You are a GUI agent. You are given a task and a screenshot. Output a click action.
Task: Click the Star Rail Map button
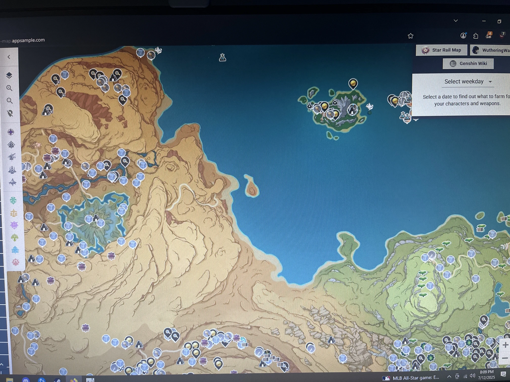(x=441, y=50)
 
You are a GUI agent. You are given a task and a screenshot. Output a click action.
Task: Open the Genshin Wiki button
(x=468, y=63)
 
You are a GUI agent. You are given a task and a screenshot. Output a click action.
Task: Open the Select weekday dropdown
(x=468, y=82)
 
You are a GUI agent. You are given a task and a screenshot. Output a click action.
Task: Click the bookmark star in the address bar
(x=411, y=36)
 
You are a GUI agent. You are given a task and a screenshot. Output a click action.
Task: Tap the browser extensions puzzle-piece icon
(x=476, y=36)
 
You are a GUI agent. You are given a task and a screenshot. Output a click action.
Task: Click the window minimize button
(x=484, y=21)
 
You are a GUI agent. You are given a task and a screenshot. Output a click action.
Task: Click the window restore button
(x=499, y=21)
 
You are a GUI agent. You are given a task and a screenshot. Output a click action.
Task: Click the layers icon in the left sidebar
(x=9, y=75)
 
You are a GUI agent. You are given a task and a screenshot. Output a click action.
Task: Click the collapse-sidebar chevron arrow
(x=9, y=57)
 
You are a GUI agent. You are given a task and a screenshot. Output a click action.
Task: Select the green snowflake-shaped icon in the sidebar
(x=13, y=200)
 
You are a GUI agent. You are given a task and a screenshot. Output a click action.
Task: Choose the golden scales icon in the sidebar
(x=14, y=213)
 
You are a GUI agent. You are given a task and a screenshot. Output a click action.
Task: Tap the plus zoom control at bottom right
(x=505, y=345)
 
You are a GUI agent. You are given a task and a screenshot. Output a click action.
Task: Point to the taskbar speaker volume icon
(x=472, y=376)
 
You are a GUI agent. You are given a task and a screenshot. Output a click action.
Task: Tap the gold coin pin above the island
(x=353, y=83)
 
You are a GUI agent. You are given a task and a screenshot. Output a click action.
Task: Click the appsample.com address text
(x=28, y=40)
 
